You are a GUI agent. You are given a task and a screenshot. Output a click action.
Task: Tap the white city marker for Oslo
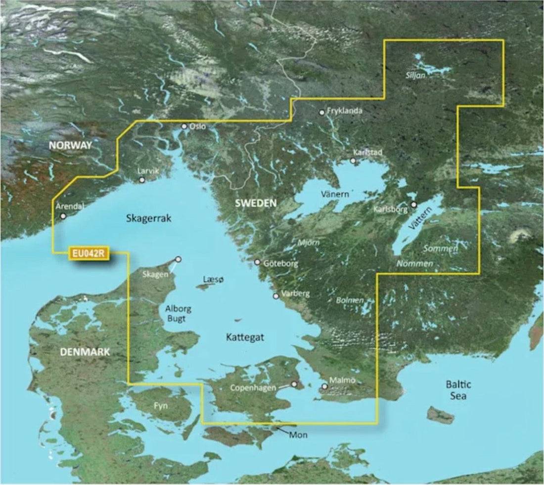(x=184, y=126)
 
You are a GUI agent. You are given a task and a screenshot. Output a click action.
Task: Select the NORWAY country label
(x=70, y=146)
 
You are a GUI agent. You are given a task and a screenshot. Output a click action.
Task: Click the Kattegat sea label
(x=245, y=337)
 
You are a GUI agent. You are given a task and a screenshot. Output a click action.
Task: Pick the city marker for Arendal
(x=63, y=216)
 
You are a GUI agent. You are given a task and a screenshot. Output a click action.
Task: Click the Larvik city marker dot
(x=142, y=180)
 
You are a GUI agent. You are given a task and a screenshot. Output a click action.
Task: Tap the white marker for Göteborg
(x=257, y=262)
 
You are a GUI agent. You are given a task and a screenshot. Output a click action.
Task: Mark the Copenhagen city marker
(x=295, y=383)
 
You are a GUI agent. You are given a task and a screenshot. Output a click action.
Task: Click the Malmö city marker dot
(x=324, y=387)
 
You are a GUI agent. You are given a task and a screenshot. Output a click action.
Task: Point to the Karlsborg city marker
(x=414, y=204)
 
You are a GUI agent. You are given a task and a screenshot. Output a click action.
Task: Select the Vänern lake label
(x=334, y=195)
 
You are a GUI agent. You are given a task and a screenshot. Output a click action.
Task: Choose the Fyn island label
(x=161, y=406)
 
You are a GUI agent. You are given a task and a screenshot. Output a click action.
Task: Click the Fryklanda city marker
(x=322, y=113)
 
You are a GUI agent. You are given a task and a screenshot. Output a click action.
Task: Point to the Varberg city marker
(x=276, y=296)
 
